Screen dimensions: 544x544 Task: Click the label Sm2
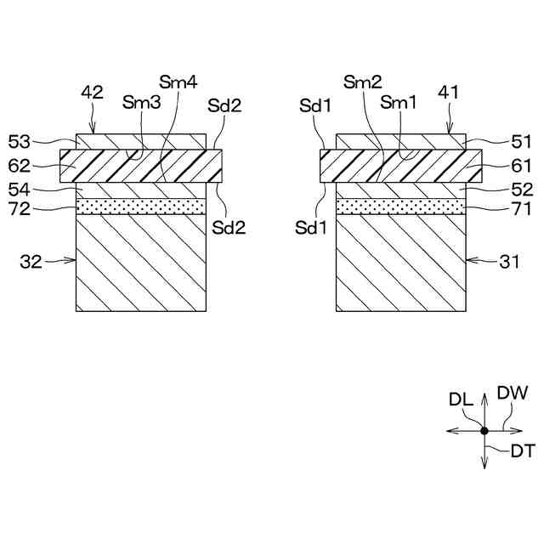tap(362, 82)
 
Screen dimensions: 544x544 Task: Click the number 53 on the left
tap(19, 140)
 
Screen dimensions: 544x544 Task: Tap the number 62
tap(19, 164)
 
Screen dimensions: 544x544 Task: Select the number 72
tap(19, 207)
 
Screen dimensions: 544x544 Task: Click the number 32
tap(31, 263)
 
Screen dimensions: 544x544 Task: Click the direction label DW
tap(513, 394)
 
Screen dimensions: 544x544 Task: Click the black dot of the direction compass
tap(484, 431)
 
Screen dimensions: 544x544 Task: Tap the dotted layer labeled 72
tap(141, 206)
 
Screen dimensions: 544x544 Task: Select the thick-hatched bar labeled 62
tap(141, 165)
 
